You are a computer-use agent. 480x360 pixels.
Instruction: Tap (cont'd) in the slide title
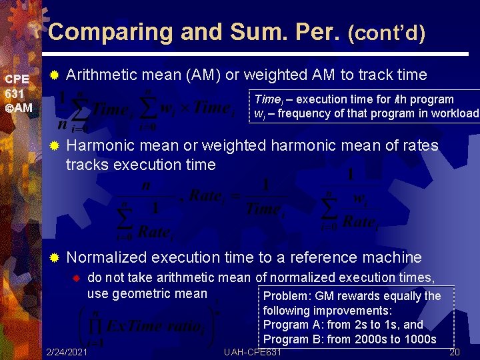386,33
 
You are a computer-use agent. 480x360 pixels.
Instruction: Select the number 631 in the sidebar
14,93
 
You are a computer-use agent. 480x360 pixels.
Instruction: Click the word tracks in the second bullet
85,165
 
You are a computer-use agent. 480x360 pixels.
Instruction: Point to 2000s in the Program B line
367,339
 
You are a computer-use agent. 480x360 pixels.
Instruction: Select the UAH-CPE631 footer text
253,351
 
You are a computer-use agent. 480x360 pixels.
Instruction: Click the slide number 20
456,351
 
